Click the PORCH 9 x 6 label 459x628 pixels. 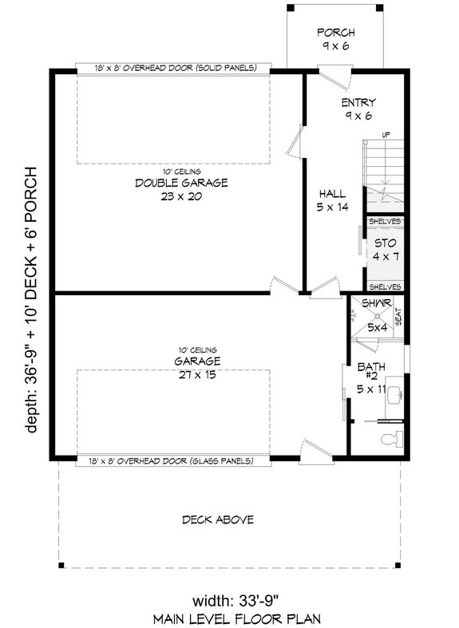(335, 39)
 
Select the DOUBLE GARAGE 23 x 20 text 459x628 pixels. (169, 189)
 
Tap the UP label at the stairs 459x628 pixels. (386, 135)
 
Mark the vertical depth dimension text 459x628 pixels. (32, 299)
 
